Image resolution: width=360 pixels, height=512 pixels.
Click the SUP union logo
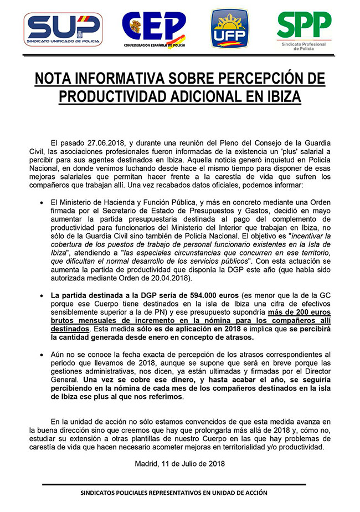pyautogui.click(x=63, y=30)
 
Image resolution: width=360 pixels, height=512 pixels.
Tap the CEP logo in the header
pyautogui.click(x=153, y=29)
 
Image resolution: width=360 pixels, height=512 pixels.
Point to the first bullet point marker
pyautogui.click(x=42, y=203)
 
